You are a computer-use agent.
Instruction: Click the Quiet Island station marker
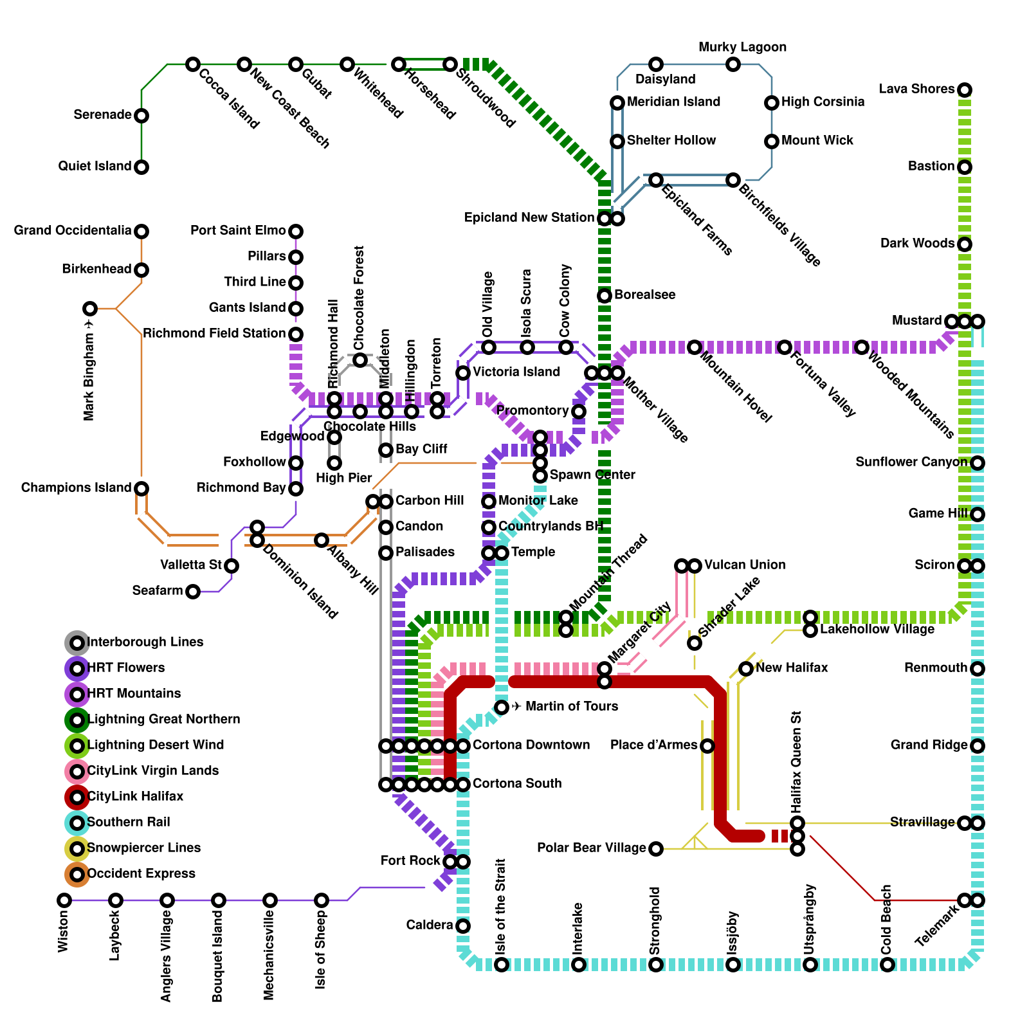tap(141, 167)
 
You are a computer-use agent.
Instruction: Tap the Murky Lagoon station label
tap(742, 48)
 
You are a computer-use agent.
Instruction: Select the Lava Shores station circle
tap(964, 90)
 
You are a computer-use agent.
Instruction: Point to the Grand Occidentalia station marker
tap(141, 232)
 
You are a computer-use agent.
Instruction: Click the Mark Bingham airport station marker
tap(90, 309)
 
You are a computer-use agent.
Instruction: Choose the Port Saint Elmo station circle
tap(295, 232)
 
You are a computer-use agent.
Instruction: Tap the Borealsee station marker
tap(605, 296)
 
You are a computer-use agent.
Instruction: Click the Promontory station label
tap(533, 411)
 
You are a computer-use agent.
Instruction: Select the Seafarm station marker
tap(193, 592)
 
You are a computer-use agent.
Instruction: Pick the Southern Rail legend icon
tap(77, 823)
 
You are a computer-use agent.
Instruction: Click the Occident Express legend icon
tap(77, 874)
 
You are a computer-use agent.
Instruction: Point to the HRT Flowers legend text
tap(126, 668)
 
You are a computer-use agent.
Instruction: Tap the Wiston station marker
tap(64, 900)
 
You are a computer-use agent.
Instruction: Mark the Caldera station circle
tap(463, 926)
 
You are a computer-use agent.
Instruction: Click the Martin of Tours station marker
tap(502, 707)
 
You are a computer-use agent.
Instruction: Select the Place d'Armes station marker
tap(707, 746)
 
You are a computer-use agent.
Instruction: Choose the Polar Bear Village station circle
tap(655, 849)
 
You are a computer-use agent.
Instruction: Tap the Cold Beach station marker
tap(888, 965)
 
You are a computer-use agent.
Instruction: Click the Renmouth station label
tap(935, 668)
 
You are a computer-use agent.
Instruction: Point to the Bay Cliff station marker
tap(386, 450)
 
